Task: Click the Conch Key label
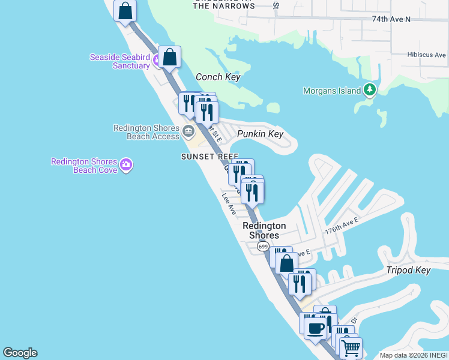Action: (218, 77)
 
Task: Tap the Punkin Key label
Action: (260, 134)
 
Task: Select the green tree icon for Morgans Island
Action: (370, 91)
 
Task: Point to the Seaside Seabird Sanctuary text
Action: (119, 61)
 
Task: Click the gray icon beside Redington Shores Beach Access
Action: (188, 131)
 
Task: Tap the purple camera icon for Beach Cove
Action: (126, 164)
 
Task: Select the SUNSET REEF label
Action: (205, 157)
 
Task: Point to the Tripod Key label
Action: (408, 270)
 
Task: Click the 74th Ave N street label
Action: (391, 19)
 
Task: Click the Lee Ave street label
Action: (229, 203)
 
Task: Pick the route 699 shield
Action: (263, 247)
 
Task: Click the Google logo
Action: (20, 353)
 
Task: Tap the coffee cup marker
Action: (316, 328)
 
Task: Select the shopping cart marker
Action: (351, 346)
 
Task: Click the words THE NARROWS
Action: (224, 6)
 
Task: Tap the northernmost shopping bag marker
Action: (125, 11)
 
